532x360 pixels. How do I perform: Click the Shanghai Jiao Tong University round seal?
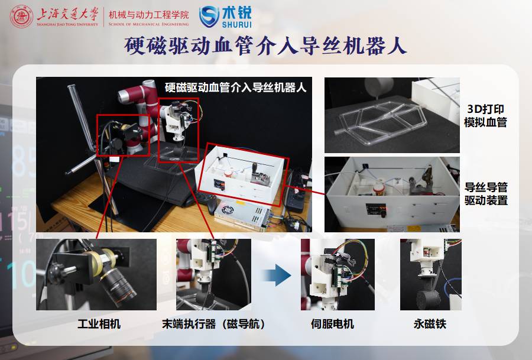21,17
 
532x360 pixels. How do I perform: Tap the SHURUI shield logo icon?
209,17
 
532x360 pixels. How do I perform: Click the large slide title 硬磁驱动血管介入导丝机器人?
265,46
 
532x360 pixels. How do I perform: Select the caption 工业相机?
99,324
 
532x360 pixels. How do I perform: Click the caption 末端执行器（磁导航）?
213,324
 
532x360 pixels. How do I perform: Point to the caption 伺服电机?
332,324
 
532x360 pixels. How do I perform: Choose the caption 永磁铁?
430,324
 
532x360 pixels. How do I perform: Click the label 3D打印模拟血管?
485,115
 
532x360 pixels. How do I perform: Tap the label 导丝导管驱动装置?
486,193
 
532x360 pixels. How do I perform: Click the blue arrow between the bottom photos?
276,275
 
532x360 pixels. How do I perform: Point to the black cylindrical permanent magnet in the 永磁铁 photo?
428,299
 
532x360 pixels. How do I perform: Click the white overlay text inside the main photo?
235,87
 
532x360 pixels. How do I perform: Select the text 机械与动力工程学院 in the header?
148,15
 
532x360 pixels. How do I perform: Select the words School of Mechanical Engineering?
148,24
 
